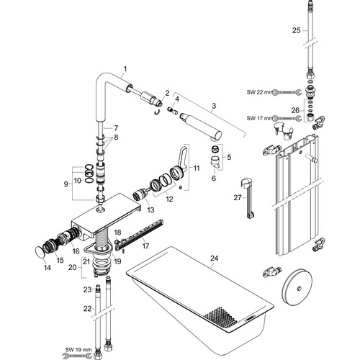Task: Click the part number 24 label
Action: [x=215, y=258]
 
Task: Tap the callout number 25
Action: [x=296, y=30]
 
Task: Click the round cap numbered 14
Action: [x=40, y=253]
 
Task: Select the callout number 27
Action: [x=238, y=197]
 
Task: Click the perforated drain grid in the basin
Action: [x=220, y=316]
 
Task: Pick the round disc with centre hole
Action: [x=297, y=288]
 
